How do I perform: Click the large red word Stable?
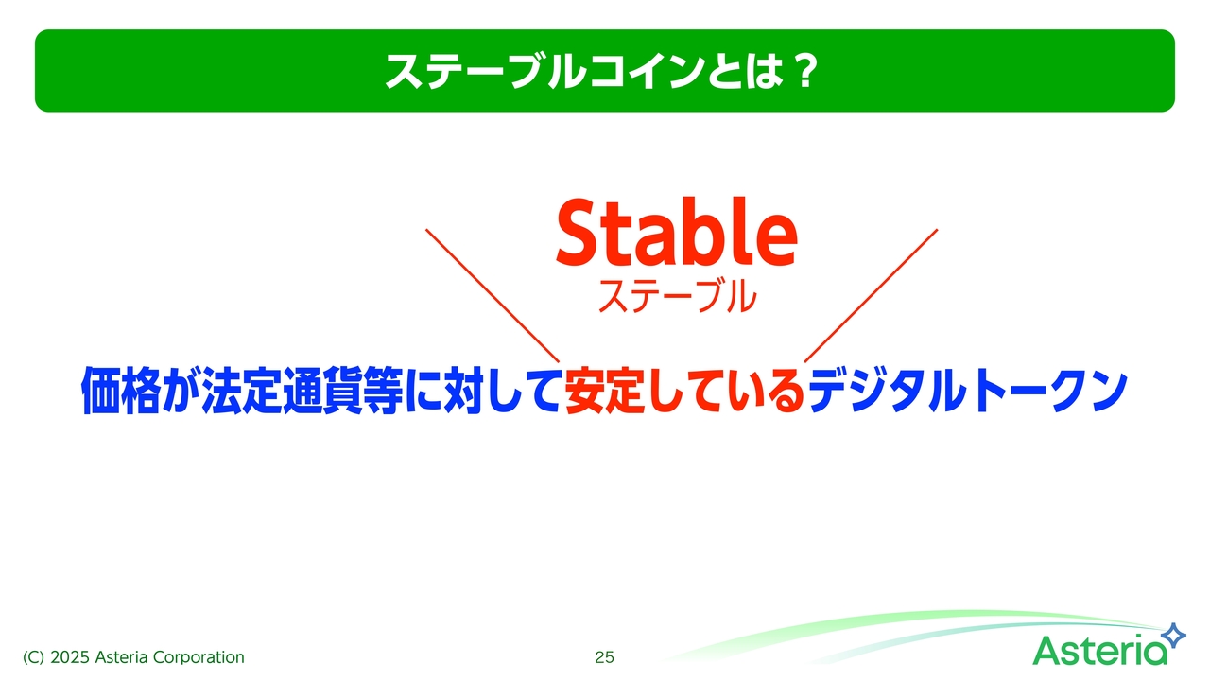pyautogui.click(x=676, y=232)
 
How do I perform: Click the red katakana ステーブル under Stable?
pyautogui.click(x=678, y=296)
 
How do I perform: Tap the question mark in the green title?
pyautogui.click(x=805, y=70)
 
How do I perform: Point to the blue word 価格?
pyautogui.click(x=121, y=391)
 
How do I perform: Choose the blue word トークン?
pyautogui.click(x=1049, y=391)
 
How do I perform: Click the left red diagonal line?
pyautogui.click(x=493, y=296)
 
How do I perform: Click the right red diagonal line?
pyautogui.click(x=871, y=296)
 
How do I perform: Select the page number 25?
pyautogui.click(x=604, y=657)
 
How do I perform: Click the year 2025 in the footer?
pyautogui.click(x=70, y=657)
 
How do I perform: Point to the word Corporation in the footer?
pyautogui.click(x=199, y=657)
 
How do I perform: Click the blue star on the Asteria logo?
pyautogui.click(x=1174, y=635)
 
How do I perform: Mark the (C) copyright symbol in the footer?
pyautogui.click(x=33, y=657)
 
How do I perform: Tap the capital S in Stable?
pyautogui.click(x=579, y=233)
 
